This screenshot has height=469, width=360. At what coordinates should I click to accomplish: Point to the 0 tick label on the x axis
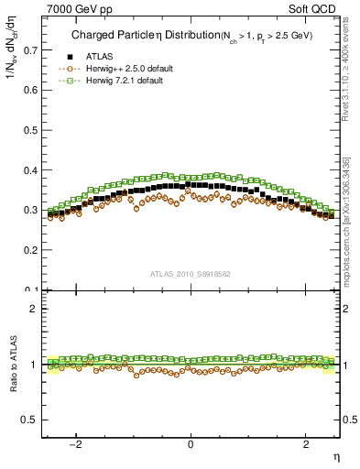[x=191, y=444]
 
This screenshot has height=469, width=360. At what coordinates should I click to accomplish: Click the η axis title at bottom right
[x=335, y=455]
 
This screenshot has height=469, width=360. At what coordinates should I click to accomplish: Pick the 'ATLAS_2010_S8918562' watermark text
[x=190, y=274]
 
